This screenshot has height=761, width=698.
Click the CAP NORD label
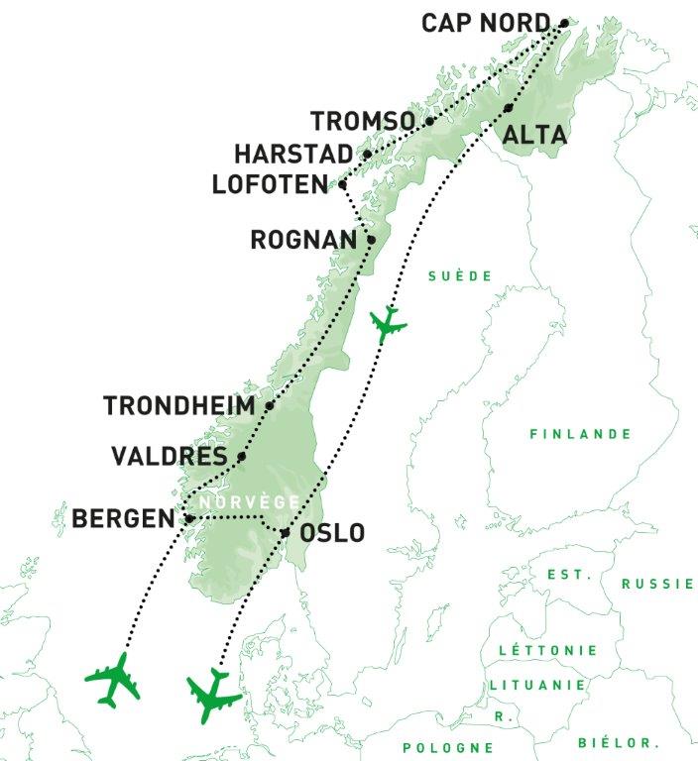click(x=485, y=23)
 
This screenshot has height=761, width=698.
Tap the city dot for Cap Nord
click(x=565, y=22)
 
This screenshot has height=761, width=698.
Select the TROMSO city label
click(x=362, y=122)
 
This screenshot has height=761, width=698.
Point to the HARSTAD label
click(x=293, y=155)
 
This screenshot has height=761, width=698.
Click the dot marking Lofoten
click(x=341, y=184)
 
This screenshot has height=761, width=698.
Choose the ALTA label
click(x=534, y=136)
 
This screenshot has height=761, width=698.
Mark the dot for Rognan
click(x=371, y=239)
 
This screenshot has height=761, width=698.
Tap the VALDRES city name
click(x=172, y=457)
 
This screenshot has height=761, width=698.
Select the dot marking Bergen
click(x=189, y=517)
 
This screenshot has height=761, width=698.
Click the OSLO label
click(x=332, y=533)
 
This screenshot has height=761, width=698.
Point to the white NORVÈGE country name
click(x=248, y=503)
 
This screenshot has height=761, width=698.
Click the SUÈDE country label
click(x=460, y=276)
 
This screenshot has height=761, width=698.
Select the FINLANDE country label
click(x=580, y=434)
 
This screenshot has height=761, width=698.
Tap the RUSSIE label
click(x=657, y=584)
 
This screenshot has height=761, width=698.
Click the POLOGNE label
click(x=448, y=747)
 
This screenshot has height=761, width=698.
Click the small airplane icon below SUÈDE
click(x=387, y=324)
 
